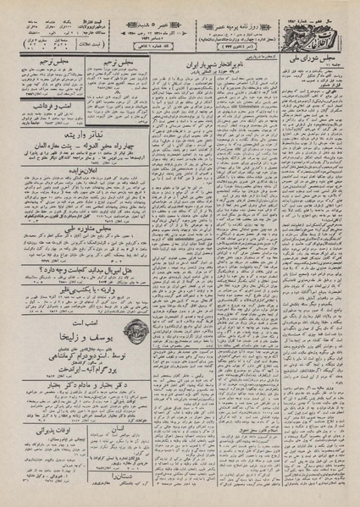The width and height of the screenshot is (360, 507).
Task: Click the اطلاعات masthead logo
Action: (318, 19)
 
